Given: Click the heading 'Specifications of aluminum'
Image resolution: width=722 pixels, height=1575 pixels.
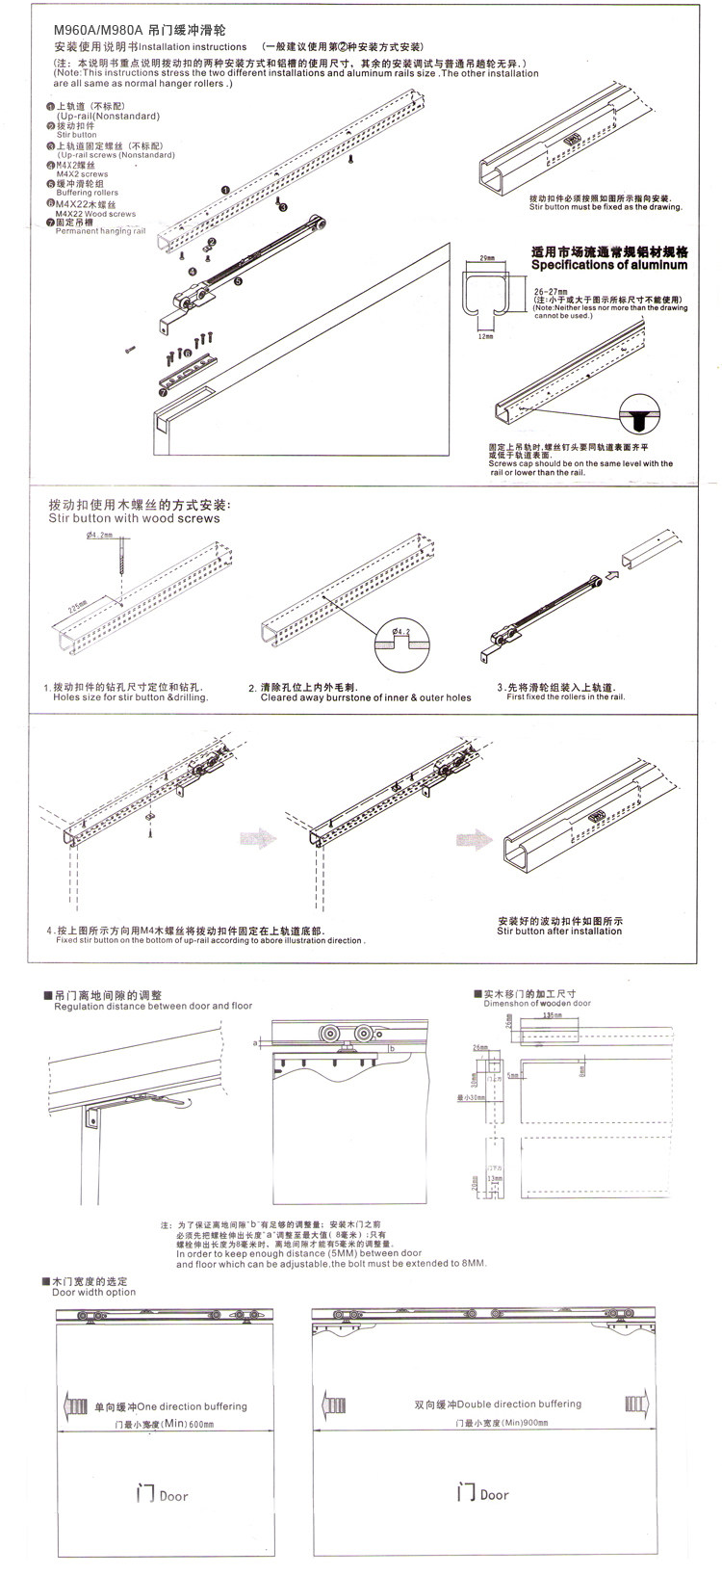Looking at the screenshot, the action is pos(608,264).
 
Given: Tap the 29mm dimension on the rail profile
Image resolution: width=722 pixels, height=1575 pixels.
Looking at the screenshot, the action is pos(486,259).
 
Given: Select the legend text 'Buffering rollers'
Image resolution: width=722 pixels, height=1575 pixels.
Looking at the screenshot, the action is pos(88,193).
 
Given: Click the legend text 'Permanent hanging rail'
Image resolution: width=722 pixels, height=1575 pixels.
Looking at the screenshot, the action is pos(100,231).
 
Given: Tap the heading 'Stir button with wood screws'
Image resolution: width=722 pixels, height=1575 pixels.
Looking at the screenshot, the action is pos(134,518).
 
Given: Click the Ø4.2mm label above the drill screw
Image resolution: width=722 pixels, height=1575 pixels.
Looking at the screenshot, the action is pos(99,536).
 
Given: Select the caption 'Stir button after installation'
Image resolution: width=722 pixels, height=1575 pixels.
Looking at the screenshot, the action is pos(559,932).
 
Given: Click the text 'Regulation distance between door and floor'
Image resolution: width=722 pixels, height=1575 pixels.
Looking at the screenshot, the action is pos(153,1006).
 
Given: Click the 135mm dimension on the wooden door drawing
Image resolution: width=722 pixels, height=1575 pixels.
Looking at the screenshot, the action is pos(552,1015).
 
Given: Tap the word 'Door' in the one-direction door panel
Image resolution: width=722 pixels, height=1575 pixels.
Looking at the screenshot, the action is pos(173,1496).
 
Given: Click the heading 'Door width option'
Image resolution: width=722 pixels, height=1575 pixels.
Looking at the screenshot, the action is pos(94,1292).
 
